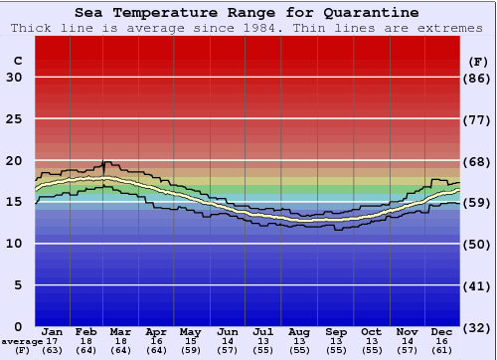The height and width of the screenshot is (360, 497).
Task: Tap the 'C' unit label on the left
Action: [x=17, y=61]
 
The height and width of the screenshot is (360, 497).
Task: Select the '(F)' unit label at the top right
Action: [x=477, y=61]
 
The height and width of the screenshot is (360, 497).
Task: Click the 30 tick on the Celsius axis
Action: [x=14, y=78]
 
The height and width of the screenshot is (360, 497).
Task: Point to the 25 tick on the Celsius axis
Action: [x=14, y=119]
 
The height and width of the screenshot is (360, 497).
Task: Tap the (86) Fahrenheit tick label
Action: [x=477, y=78]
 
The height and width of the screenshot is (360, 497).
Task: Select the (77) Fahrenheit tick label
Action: [x=477, y=119]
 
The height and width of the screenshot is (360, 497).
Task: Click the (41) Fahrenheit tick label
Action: [x=477, y=285]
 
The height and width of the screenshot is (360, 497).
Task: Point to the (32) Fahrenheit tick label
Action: [x=477, y=326]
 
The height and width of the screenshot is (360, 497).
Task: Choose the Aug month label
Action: [x=298, y=331]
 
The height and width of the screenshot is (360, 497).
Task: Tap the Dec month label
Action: [x=442, y=331]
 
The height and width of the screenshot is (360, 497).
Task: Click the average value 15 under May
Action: [x=189, y=341]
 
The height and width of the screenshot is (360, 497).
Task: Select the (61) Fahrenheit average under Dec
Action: [x=442, y=350]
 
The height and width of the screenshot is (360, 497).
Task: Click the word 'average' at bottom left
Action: [x=22, y=341]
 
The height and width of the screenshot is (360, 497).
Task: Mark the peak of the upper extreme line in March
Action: [x=105, y=161]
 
